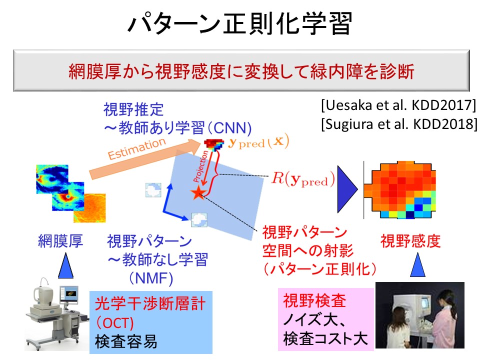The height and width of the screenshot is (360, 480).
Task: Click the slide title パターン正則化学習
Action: [239, 23]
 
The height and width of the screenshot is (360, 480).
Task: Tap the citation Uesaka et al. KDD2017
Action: [399, 105]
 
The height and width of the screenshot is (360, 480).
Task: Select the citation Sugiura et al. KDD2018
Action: [399, 124]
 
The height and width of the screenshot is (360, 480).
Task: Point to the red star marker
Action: [198, 193]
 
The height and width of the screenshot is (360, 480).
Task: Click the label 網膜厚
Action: [60, 241]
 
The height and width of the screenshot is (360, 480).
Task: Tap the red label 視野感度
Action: [410, 241]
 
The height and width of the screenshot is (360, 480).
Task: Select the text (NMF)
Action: [151, 278]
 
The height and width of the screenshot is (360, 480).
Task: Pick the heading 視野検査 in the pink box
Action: [314, 300]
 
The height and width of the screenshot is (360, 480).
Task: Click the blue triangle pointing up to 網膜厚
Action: [66, 265]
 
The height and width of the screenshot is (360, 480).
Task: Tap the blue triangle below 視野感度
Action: [417, 265]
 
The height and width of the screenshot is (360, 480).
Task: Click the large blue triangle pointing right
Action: [347, 189]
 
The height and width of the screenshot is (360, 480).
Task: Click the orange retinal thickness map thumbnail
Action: [90, 208]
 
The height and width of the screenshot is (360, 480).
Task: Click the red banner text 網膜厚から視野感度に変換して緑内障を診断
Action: [241, 71]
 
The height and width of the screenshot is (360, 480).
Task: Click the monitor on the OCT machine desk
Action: [69, 294]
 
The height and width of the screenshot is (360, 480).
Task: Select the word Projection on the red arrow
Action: [200, 166]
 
